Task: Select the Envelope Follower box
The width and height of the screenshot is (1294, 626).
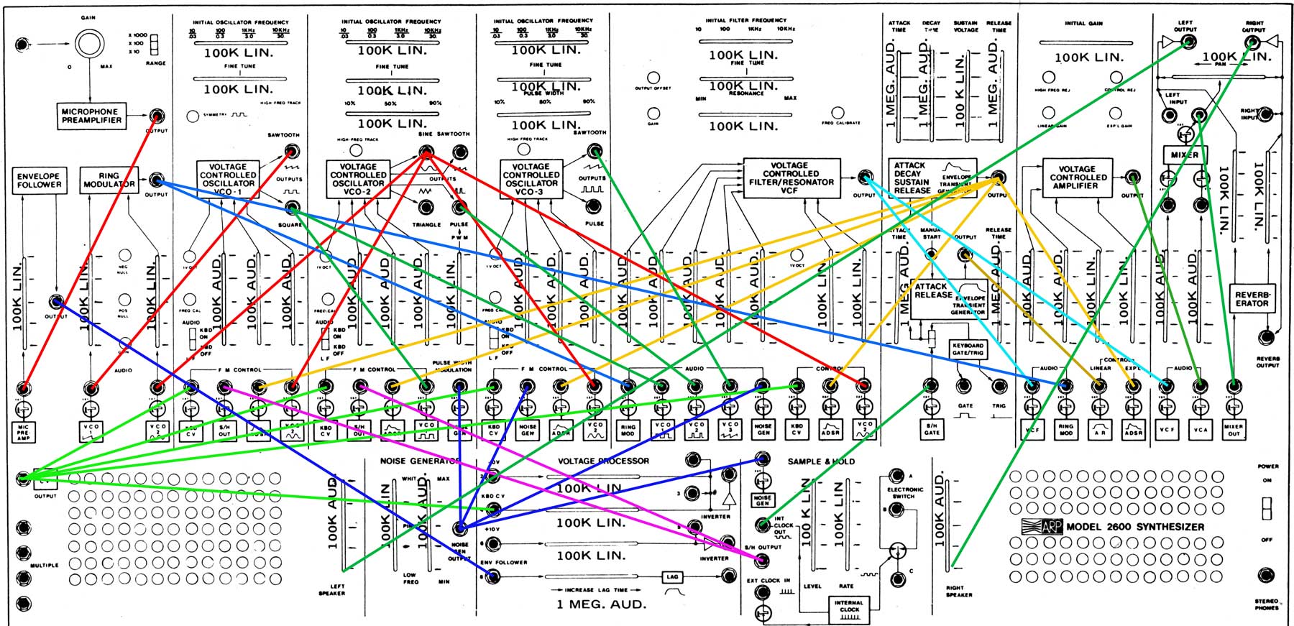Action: [39, 180]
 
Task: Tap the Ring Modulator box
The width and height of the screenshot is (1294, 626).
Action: [109, 180]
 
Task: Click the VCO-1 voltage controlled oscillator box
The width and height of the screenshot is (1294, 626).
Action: [228, 179]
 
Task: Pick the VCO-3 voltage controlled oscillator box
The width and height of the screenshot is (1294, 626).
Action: [531, 179]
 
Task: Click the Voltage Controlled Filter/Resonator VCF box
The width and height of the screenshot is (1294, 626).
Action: [791, 178]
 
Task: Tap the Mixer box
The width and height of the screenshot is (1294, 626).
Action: [1184, 155]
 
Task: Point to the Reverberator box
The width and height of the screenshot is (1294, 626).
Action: [1252, 298]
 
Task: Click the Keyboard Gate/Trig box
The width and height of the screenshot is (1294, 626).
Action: [968, 349]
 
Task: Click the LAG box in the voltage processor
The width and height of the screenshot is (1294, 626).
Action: [672, 576]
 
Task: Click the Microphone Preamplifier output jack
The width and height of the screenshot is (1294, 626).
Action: [156, 116]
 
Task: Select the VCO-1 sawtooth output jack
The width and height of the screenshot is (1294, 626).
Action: [291, 151]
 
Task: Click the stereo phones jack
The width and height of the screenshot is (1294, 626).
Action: [1267, 575]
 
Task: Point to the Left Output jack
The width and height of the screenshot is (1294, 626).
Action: [1190, 42]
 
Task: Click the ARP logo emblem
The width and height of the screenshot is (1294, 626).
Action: [1042, 526]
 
